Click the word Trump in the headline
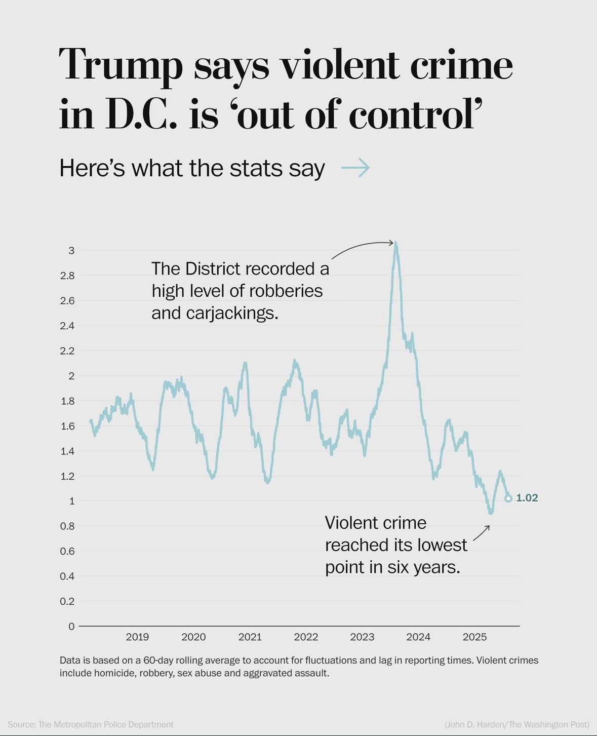click(121, 65)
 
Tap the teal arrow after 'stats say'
click(355, 167)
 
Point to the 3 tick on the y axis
click(71, 250)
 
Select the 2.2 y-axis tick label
click(67, 351)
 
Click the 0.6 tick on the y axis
click(67, 551)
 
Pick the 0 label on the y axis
click(71, 627)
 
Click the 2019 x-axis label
click(137, 637)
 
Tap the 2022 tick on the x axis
click(306, 637)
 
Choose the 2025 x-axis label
click(474, 637)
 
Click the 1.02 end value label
click(527, 498)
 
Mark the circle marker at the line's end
click(508, 498)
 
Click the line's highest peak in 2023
click(396, 244)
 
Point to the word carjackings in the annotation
click(232, 313)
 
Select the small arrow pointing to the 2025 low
click(482, 532)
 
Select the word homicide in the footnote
click(115, 673)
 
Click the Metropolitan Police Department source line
click(91, 724)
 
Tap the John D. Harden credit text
click(517, 724)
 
